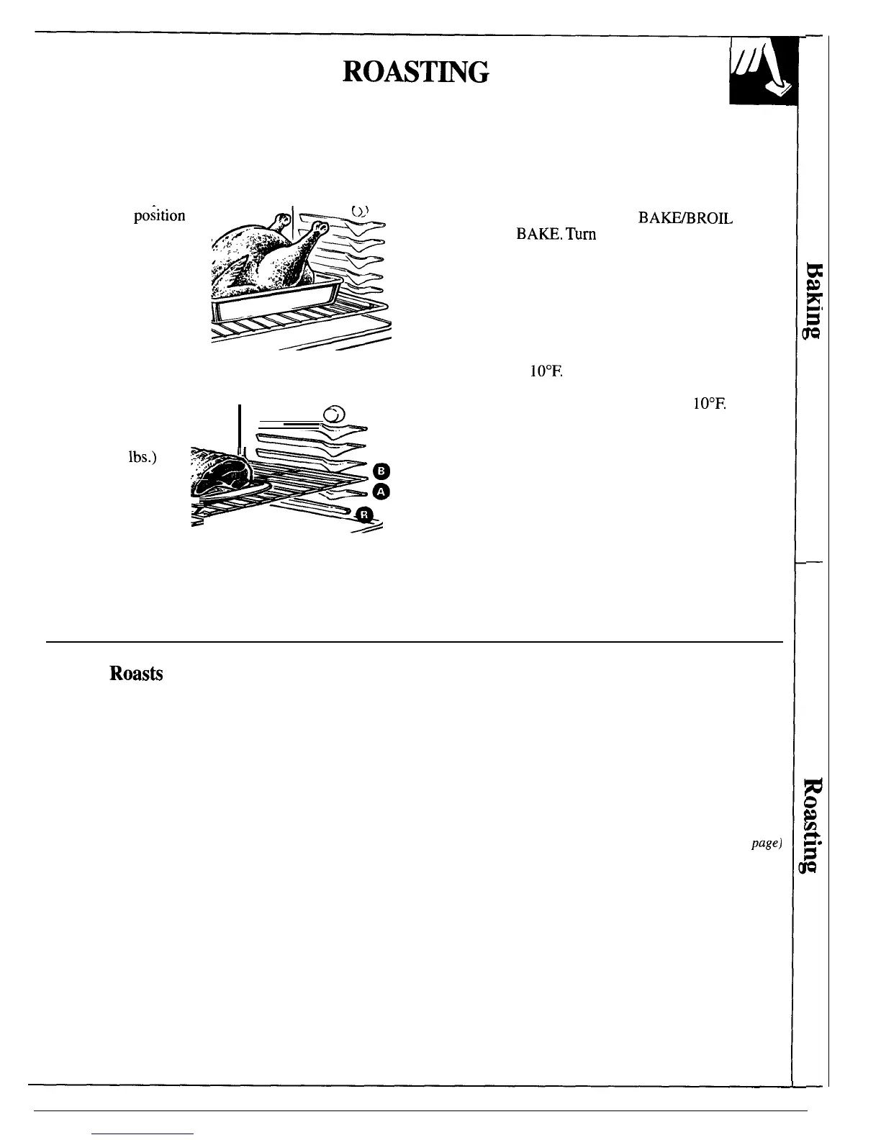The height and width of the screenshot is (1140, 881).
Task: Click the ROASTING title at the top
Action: click(x=417, y=72)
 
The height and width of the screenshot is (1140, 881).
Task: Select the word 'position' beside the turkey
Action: click(x=159, y=215)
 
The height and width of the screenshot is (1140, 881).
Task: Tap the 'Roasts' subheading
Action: click(x=136, y=674)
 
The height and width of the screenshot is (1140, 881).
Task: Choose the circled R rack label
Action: click(x=365, y=514)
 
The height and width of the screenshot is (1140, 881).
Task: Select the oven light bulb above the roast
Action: click(x=335, y=414)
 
